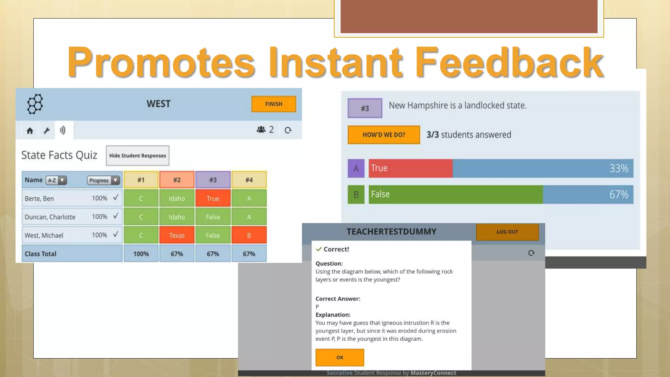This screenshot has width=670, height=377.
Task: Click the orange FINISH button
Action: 273,104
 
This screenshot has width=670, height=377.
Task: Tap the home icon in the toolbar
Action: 30,131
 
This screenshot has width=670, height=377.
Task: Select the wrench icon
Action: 47,131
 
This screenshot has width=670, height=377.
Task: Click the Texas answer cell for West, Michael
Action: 177,235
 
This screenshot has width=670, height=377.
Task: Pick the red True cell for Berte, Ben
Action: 213,198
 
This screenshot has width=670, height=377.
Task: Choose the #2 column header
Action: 177,180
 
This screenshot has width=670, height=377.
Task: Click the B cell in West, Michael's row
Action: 249,235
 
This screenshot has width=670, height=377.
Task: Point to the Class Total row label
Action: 41,254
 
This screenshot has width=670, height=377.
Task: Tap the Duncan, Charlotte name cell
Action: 50,217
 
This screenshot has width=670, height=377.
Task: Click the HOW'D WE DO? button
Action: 384,135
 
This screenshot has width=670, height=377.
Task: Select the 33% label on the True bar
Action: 618,169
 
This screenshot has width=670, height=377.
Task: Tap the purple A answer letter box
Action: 356,169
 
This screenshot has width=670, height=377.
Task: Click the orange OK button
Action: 340,357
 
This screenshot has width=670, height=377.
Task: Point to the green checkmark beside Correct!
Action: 319,249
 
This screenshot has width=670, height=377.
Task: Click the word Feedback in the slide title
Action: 509,62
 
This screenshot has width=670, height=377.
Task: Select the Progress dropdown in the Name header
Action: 103,180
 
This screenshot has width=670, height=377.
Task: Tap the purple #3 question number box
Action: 365,108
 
